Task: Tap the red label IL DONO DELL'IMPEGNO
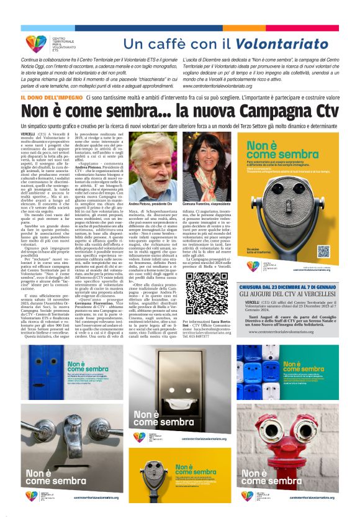pos(52,98)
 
